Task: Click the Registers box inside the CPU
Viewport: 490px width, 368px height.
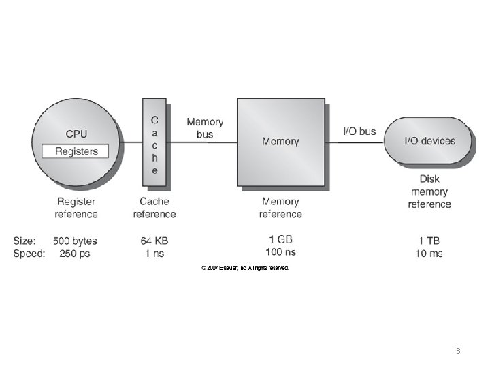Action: click(x=76, y=151)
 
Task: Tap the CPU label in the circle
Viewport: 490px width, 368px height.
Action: click(x=76, y=134)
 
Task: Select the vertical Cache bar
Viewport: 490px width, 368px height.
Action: click(x=154, y=142)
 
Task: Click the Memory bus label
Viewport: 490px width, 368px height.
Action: click(x=205, y=128)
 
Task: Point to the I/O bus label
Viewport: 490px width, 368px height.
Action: click(x=359, y=131)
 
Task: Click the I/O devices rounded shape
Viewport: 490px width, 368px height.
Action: click(x=429, y=142)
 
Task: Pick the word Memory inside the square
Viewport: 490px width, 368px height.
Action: click(x=280, y=142)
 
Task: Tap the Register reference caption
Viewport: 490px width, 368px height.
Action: click(x=76, y=208)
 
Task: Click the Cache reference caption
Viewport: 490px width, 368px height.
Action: click(x=154, y=208)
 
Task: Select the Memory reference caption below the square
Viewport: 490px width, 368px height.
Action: click(x=280, y=208)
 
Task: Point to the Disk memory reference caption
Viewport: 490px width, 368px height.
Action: click(x=429, y=191)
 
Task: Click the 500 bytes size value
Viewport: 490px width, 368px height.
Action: click(x=75, y=241)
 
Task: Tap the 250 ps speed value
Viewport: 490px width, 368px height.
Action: click(x=75, y=254)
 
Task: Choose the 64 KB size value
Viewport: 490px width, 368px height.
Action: click(x=154, y=241)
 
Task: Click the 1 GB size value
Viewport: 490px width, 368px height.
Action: click(x=280, y=239)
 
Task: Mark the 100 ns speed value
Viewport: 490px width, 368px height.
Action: click(x=280, y=251)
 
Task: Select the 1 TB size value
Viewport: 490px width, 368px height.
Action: click(x=429, y=241)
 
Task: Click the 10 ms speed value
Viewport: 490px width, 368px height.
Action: click(x=429, y=254)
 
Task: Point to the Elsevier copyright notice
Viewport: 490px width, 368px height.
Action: click(x=245, y=269)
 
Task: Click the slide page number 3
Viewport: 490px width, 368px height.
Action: click(x=458, y=352)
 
